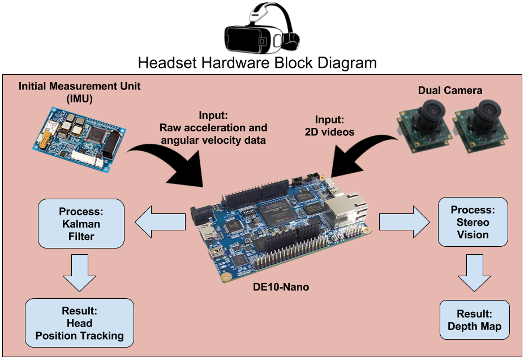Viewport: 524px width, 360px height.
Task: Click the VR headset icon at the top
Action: (261, 28)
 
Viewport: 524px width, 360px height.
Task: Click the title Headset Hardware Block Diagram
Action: (257, 62)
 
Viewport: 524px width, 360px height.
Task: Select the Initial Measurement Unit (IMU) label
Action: (80, 92)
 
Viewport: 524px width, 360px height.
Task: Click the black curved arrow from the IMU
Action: (170, 164)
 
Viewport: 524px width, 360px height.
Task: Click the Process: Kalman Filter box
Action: (80, 224)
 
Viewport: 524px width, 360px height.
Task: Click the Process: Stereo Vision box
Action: (473, 222)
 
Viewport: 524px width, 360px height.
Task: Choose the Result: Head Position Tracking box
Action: (79, 323)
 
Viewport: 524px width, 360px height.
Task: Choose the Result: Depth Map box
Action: (474, 320)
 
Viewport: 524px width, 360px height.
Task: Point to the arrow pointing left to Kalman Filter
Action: (161, 222)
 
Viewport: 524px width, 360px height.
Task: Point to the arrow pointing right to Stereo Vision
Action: (404, 222)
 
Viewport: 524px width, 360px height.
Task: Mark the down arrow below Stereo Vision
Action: (474, 272)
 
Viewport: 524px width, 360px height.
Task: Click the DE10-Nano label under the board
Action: (281, 287)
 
